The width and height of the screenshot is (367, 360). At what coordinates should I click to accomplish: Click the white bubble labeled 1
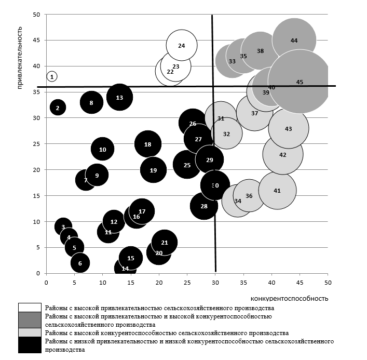[x=51, y=76]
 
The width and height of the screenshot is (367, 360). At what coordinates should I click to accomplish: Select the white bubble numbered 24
[x=182, y=46]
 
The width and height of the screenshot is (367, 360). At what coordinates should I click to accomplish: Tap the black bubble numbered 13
[x=119, y=97]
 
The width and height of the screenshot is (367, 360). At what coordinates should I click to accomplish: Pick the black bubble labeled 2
[x=58, y=108]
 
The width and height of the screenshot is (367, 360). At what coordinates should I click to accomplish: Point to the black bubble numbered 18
[x=148, y=144]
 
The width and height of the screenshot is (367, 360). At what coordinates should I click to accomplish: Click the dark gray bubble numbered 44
[x=294, y=40]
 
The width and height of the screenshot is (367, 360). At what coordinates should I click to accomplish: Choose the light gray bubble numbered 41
[x=277, y=191]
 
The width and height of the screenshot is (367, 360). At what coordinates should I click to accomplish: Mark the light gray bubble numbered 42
[x=283, y=154]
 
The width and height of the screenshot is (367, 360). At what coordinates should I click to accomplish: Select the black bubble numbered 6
[x=80, y=263]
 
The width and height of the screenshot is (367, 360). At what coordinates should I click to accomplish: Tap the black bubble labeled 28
[x=204, y=206]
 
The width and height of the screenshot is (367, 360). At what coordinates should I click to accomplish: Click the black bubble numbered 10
[x=102, y=149]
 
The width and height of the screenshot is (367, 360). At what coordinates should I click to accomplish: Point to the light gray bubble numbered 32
[x=226, y=134]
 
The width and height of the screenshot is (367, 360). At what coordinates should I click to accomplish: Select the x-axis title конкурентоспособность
[x=289, y=298]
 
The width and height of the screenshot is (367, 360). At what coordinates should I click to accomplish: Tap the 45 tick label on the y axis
[x=36, y=40]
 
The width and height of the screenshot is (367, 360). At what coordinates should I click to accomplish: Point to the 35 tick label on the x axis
[x=243, y=282]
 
